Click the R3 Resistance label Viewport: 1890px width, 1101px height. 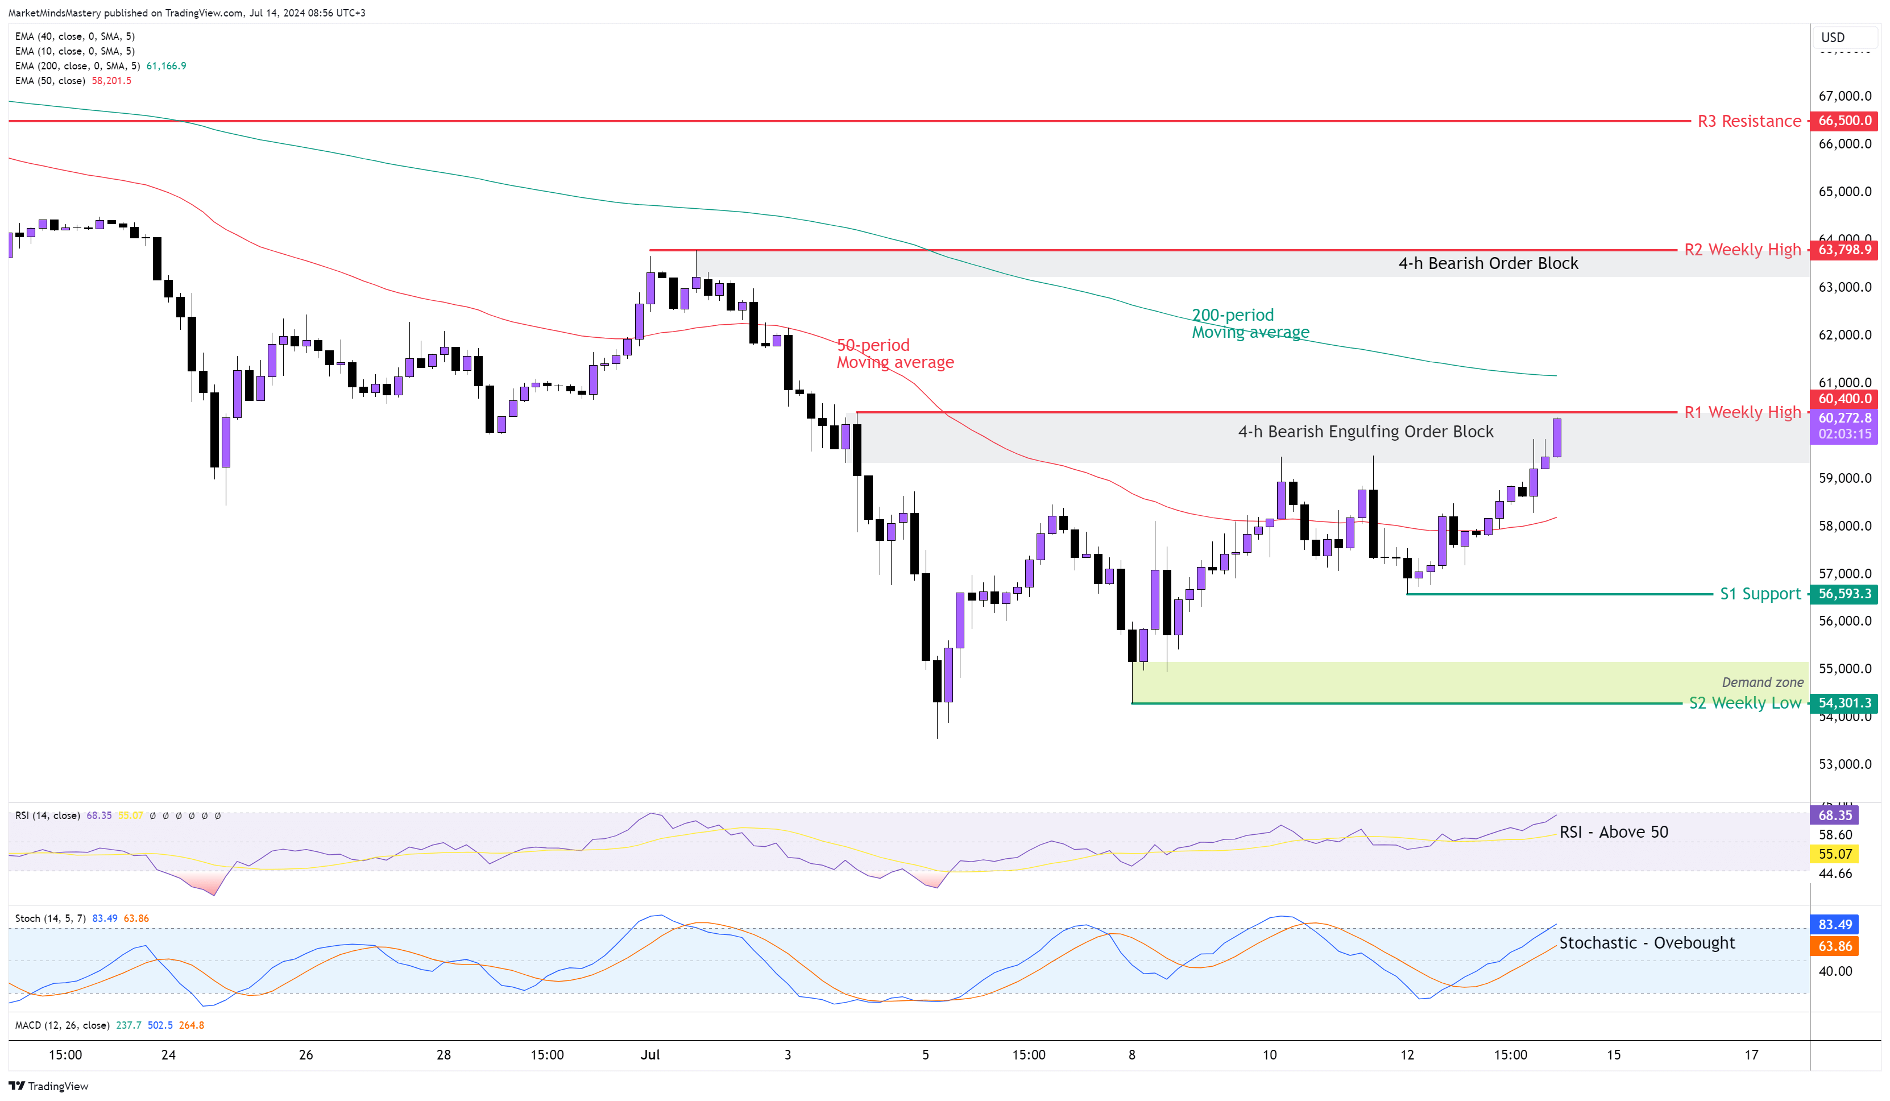[x=1748, y=122]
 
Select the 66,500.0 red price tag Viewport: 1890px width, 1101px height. [x=1845, y=121]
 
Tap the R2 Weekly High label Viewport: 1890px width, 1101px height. [x=1742, y=250]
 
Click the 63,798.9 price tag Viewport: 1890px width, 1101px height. [x=1845, y=250]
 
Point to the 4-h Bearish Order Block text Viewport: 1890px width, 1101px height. [x=1487, y=263]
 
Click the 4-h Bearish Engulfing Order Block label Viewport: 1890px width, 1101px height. [x=1365, y=432]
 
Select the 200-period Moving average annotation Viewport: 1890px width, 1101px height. [x=1250, y=323]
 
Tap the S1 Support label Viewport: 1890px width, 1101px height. [x=1759, y=594]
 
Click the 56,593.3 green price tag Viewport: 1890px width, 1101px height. [x=1845, y=594]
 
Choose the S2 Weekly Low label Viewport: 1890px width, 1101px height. [x=1744, y=703]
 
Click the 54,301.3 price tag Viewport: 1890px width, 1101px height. [x=1845, y=703]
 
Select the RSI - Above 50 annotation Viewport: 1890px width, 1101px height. [x=1613, y=832]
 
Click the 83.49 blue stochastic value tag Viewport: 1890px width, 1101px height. [x=1834, y=925]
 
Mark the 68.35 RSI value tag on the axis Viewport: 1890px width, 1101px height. [x=1834, y=816]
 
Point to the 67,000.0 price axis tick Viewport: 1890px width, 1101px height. [x=1845, y=96]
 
